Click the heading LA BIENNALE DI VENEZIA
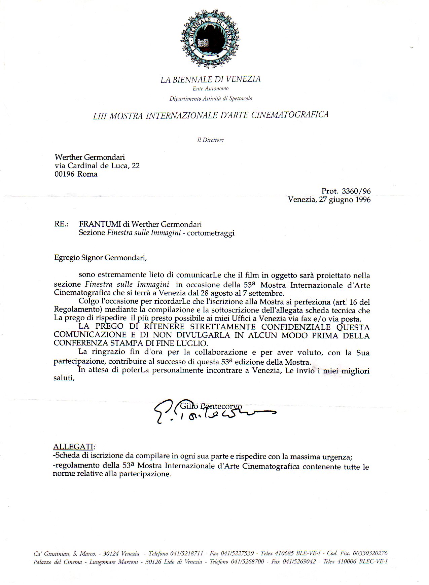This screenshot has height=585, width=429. click(x=210, y=80)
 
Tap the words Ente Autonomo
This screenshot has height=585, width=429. click(x=210, y=89)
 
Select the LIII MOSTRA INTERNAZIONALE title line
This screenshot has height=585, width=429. click(x=210, y=115)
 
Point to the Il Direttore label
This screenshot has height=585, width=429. click(x=210, y=140)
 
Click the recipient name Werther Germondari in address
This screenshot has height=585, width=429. click(x=90, y=157)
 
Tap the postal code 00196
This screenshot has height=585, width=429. click(x=65, y=174)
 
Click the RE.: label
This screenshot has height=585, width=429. click(x=62, y=224)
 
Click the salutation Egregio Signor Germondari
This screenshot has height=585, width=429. click(x=101, y=258)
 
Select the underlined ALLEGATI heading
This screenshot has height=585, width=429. click(x=73, y=447)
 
